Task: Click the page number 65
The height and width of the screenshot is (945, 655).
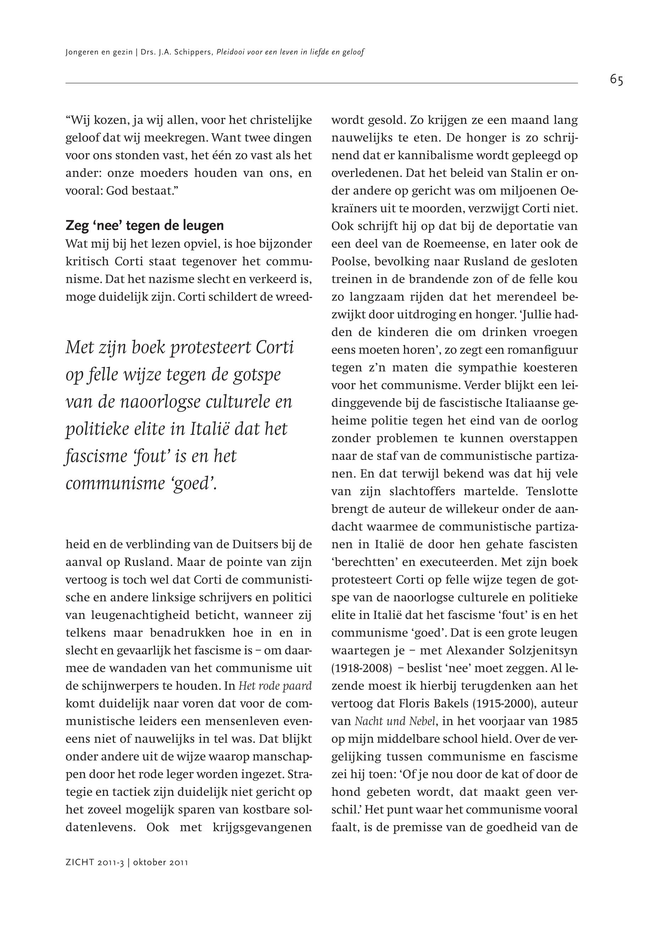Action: click(616, 80)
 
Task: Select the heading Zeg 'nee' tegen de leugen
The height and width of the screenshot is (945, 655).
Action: click(144, 226)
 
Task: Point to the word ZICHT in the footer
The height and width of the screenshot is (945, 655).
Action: click(80, 863)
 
